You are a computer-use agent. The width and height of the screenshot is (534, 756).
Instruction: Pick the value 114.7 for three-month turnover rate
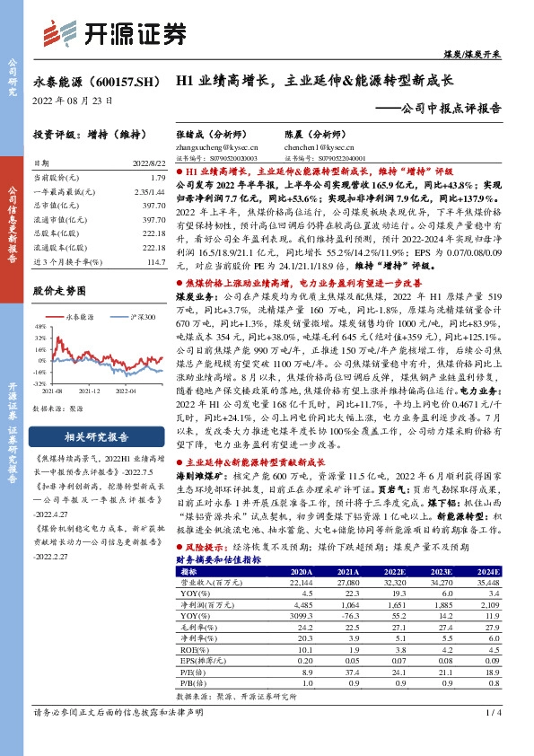click(x=156, y=260)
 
